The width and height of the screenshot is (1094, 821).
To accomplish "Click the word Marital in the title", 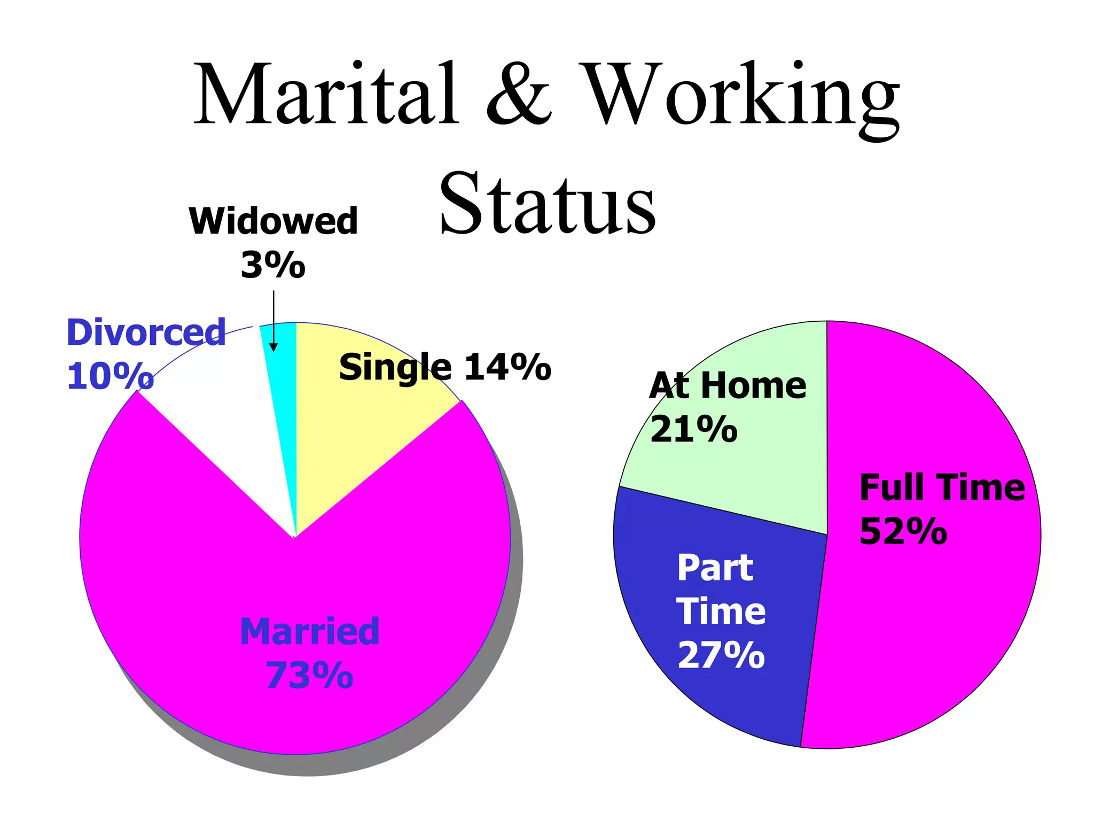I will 326,95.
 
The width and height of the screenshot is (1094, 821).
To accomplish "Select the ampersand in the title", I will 518,95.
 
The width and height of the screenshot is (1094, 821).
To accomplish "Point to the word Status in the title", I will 547,203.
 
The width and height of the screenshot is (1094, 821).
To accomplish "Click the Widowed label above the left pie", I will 273,221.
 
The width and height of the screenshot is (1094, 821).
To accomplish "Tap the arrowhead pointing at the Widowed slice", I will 273,347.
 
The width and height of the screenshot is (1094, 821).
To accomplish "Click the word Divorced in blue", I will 146,332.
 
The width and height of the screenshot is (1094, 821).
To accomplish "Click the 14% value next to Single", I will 507,368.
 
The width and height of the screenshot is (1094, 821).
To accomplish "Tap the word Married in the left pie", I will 310,631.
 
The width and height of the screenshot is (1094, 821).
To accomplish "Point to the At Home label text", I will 728,385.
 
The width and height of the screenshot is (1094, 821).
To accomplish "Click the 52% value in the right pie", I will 903,531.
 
